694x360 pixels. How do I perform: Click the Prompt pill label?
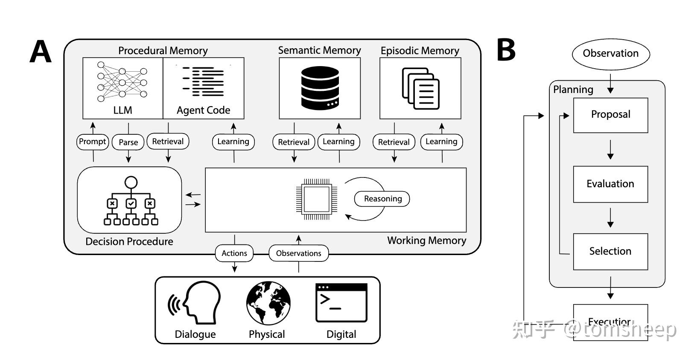click(x=93, y=142)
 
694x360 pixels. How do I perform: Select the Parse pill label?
click(x=128, y=142)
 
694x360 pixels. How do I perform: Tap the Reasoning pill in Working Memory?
click(x=382, y=199)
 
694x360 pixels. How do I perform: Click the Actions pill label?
click(x=234, y=253)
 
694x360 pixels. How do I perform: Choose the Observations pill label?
click(x=298, y=253)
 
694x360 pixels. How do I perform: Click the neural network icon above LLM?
click(x=122, y=82)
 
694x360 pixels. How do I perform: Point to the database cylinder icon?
click(x=320, y=87)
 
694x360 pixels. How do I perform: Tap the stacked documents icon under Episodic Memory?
click(x=420, y=89)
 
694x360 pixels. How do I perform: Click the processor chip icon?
click(x=317, y=199)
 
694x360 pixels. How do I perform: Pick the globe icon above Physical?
click(x=268, y=303)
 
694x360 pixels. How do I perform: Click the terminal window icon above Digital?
click(x=341, y=303)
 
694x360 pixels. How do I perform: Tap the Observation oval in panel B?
click(x=610, y=54)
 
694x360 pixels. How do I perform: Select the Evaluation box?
click(x=610, y=184)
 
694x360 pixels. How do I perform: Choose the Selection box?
click(x=610, y=252)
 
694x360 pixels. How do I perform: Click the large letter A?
click(x=41, y=52)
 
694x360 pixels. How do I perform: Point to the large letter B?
click(x=506, y=50)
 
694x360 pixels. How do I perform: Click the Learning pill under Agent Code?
click(x=233, y=142)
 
